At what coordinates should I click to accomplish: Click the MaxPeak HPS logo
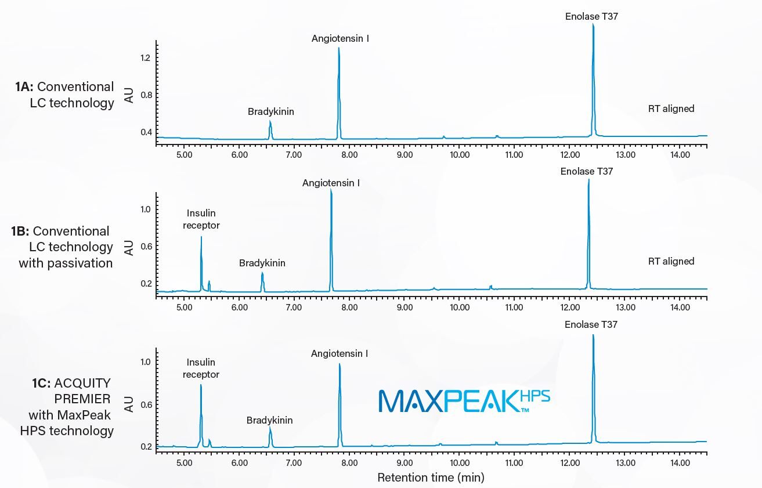(x=464, y=401)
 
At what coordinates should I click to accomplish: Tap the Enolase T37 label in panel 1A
(x=591, y=17)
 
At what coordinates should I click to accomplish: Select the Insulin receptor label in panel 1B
(x=201, y=219)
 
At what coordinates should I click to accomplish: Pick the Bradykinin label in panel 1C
(x=269, y=420)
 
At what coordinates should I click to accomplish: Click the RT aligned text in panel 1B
(x=671, y=262)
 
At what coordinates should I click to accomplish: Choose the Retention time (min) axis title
(x=431, y=478)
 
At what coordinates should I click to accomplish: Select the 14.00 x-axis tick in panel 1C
(x=680, y=463)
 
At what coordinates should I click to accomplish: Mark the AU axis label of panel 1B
(x=129, y=247)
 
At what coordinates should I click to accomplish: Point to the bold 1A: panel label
(x=24, y=87)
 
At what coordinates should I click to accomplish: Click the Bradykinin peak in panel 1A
(x=270, y=129)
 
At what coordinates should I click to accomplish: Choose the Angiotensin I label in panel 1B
(x=331, y=183)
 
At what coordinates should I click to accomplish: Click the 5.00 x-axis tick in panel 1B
(x=184, y=308)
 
